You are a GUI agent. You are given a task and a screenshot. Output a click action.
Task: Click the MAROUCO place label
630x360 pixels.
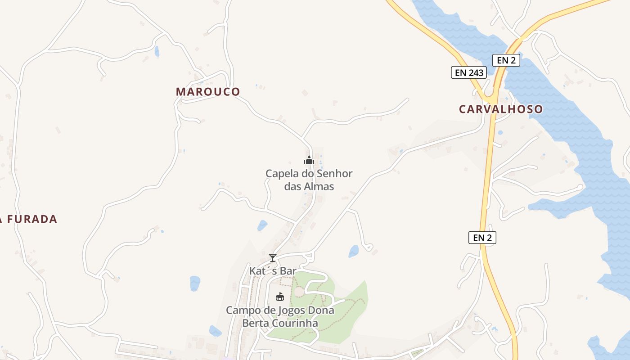pos(208,92)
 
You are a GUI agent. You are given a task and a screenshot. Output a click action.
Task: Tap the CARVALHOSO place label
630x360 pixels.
pos(500,109)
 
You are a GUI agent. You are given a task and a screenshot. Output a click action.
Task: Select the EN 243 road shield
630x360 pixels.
pos(469,72)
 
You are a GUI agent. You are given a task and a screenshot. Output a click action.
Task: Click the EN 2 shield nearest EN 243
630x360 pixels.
pos(506,60)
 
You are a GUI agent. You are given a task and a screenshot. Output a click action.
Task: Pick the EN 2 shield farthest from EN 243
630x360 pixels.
pos(482,238)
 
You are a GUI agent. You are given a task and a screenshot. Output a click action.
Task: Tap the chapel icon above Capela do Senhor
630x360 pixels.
pos(309,160)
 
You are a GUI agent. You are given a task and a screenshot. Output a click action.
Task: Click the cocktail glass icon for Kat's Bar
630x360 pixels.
pos(272,258)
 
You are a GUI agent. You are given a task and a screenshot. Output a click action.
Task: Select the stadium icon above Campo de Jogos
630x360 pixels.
pos(279,297)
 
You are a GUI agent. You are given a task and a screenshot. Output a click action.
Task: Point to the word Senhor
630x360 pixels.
pos(335,174)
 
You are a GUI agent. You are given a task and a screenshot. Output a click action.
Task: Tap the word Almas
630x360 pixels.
pos(319,186)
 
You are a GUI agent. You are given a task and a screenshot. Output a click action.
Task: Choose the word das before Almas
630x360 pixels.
pos(293,186)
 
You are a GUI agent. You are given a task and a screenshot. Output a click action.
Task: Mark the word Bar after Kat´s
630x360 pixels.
pos(288,271)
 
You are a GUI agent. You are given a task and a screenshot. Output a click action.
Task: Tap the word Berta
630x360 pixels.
pos(255,324)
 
